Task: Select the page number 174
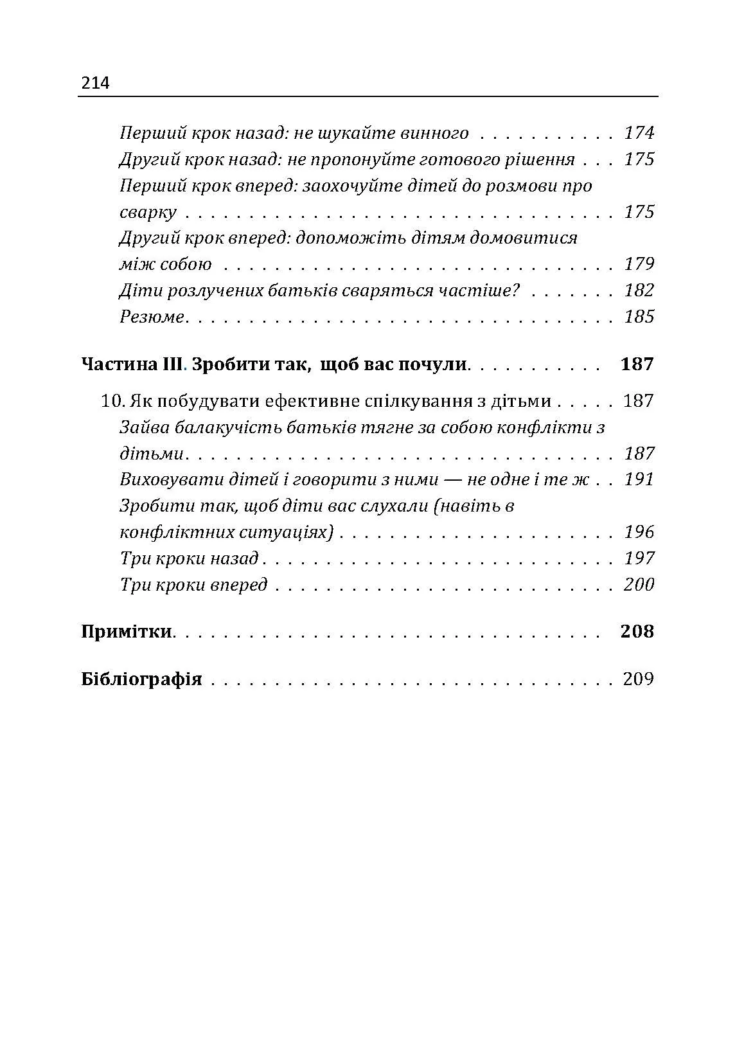[x=639, y=133]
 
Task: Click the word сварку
[x=148, y=212]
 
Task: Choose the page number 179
[x=639, y=264]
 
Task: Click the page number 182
[x=639, y=290]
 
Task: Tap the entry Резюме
[x=152, y=317]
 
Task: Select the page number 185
[x=639, y=317]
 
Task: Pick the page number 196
[x=639, y=532]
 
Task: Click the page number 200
[x=639, y=584]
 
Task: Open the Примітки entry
[x=126, y=631]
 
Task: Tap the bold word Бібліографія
[x=141, y=679]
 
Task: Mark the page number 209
[x=638, y=679]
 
